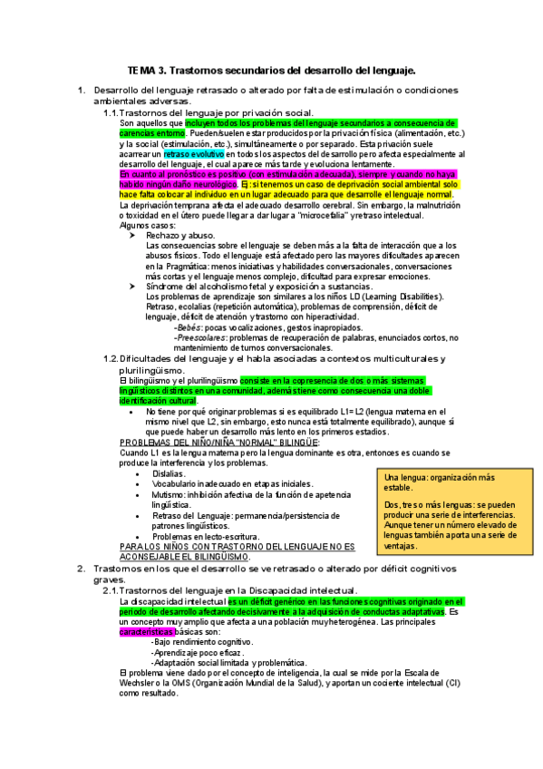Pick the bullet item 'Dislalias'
[x=169, y=473]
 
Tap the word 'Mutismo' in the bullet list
[x=170, y=495]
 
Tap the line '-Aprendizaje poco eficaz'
[x=199, y=653]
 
